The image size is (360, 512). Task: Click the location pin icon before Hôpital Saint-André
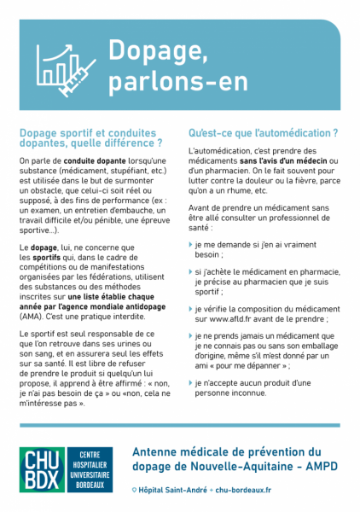tap(136, 490)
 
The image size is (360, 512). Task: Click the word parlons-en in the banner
tap(179, 83)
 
